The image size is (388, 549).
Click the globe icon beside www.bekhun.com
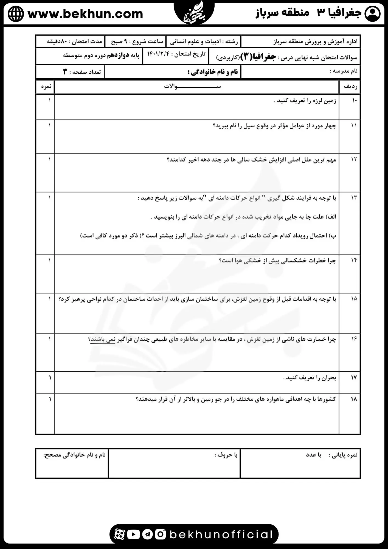[16, 14]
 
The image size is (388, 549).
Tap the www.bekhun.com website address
[85, 14]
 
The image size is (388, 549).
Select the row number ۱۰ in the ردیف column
[354, 100]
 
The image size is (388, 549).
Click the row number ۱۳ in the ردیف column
[354, 198]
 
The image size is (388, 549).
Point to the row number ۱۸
[354, 399]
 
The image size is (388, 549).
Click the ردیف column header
[350, 87]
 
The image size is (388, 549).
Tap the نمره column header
[46, 86]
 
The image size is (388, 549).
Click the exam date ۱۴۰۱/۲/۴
[158, 54]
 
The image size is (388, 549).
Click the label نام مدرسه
[344, 71]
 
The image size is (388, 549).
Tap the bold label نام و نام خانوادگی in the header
[213, 72]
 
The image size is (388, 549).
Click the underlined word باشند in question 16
[98, 339]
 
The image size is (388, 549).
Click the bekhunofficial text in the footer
[221, 534]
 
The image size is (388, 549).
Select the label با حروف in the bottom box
[226, 455]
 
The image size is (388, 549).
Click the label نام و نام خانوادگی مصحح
[75, 455]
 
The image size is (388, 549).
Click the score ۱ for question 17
[50, 378]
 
